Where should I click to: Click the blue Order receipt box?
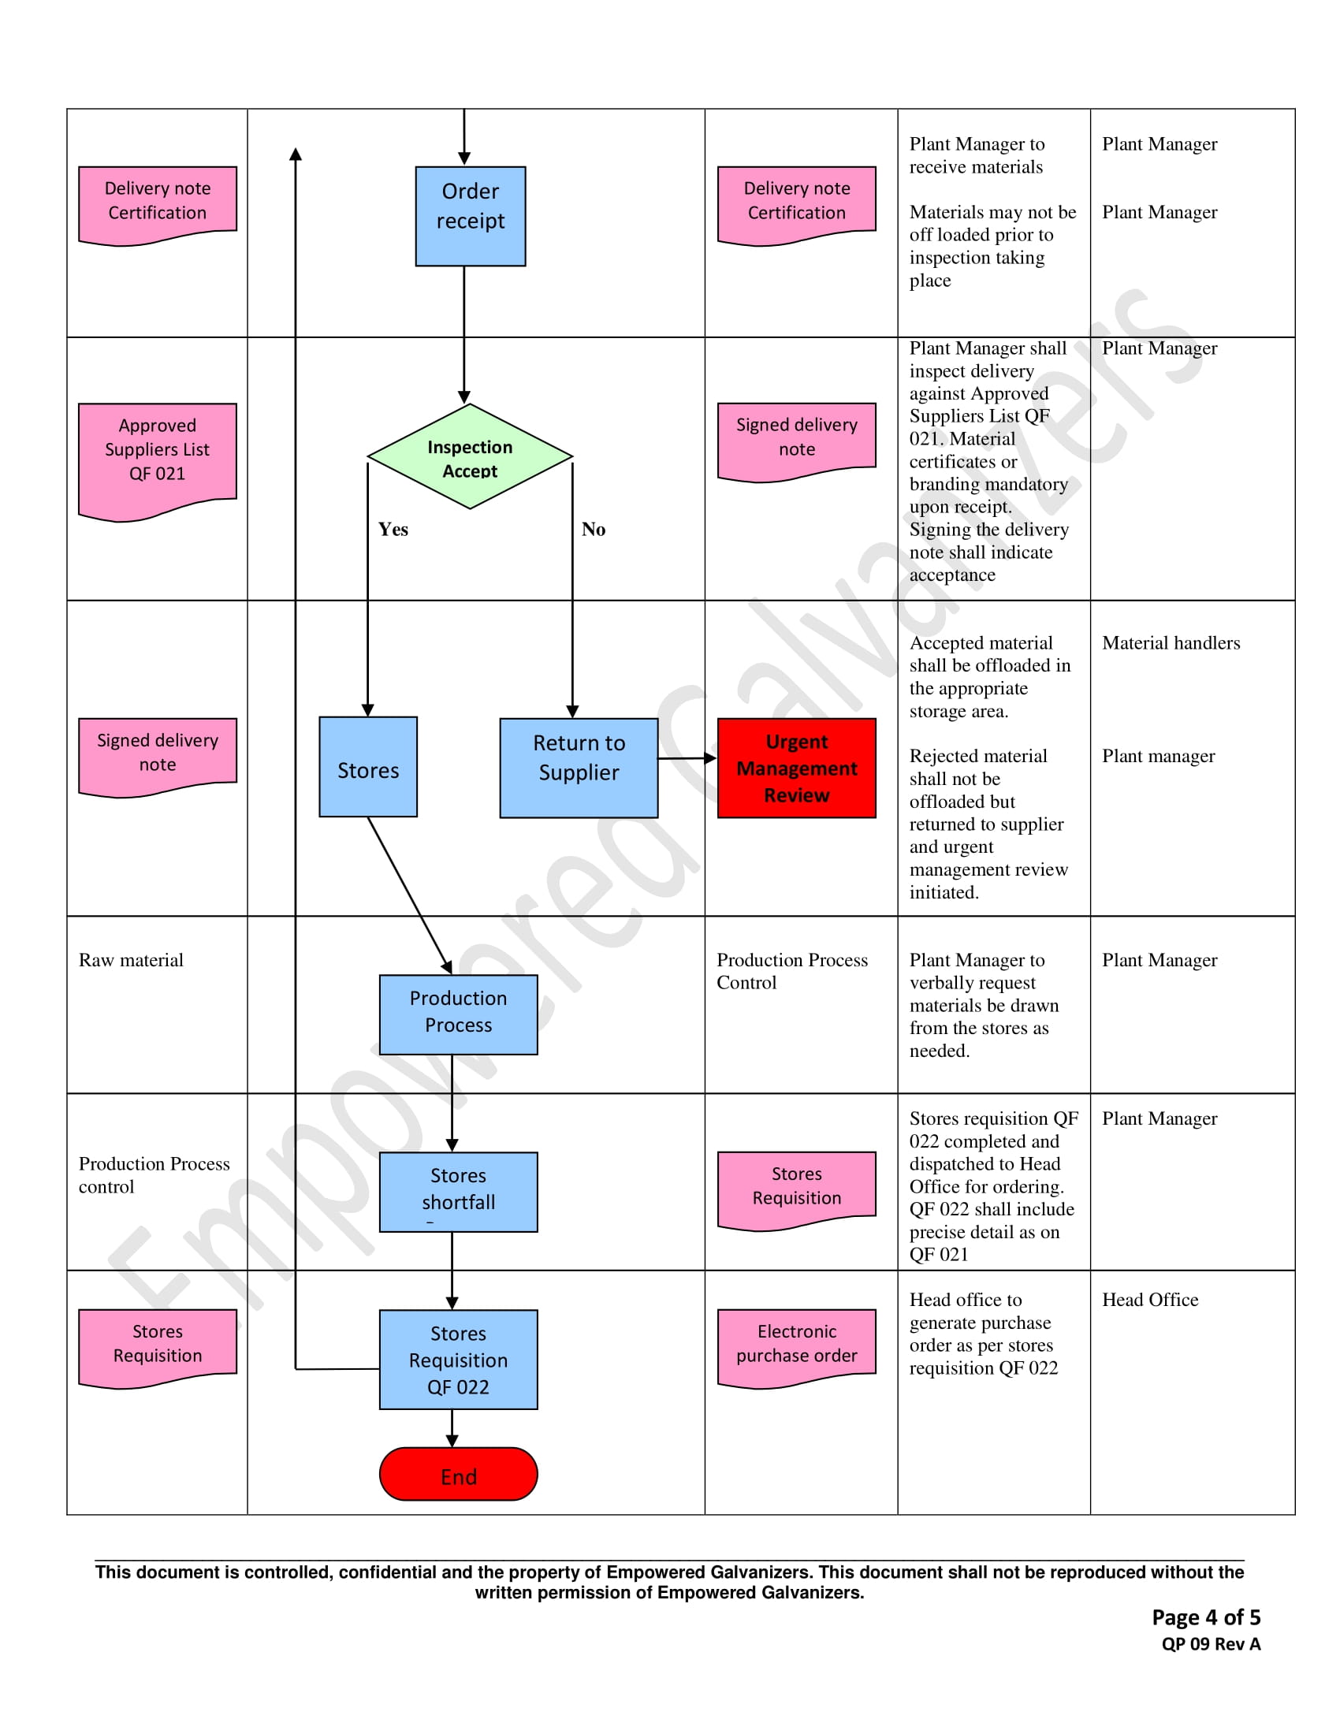(x=470, y=215)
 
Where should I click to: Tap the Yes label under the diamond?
(x=393, y=530)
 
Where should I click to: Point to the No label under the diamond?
(x=593, y=530)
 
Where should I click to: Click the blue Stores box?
(x=367, y=767)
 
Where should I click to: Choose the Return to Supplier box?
(x=579, y=768)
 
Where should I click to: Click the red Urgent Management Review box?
(x=796, y=768)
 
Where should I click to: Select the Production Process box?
(x=458, y=1014)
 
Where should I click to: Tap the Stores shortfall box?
(x=458, y=1191)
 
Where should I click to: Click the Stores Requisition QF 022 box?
(x=458, y=1360)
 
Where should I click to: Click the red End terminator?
(x=458, y=1474)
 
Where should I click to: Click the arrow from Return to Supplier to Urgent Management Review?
(x=687, y=758)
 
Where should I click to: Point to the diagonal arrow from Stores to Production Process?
(x=410, y=895)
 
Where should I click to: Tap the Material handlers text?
(x=1170, y=643)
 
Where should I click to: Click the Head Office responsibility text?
(x=1149, y=1300)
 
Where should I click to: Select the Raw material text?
(x=131, y=960)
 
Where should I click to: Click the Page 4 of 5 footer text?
(x=1205, y=1617)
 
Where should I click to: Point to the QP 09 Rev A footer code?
(x=1211, y=1644)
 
